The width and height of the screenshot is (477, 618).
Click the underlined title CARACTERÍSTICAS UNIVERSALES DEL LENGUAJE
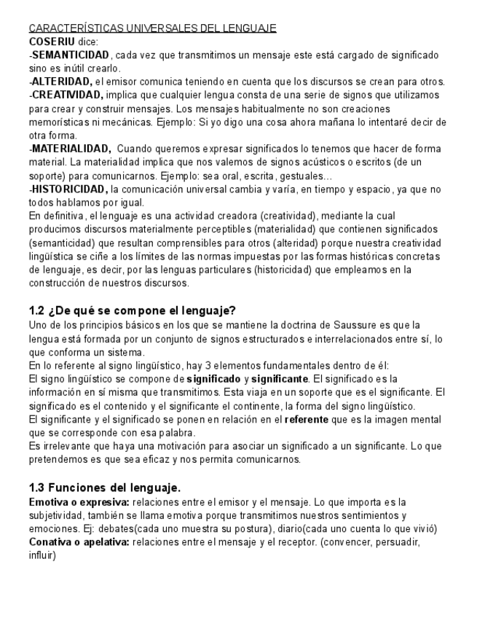click(152, 28)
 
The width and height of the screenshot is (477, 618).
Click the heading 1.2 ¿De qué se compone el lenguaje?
click(132, 310)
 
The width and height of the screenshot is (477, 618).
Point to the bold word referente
click(307, 420)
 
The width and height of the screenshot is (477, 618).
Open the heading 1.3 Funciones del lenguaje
click(104, 488)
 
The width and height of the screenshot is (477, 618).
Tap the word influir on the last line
click(42, 556)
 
